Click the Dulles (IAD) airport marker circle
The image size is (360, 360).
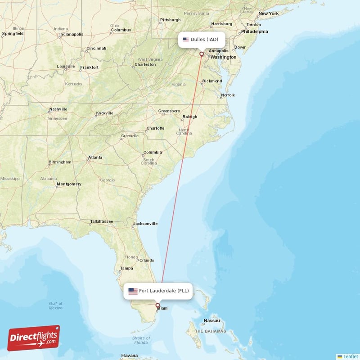pyautogui.click(x=202, y=54)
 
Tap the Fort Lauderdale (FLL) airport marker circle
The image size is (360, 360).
pyautogui.click(x=157, y=305)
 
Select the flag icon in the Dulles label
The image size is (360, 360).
pyautogui.click(x=186, y=40)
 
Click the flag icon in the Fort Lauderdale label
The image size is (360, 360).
pyautogui.click(x=133, y=291)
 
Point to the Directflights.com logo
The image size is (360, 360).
pyautogui.click(x=34, y=338)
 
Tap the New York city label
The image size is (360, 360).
pyautogui.click(x=268, y=13)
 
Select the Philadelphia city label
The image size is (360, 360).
pyautogui.click(x=254, y=31)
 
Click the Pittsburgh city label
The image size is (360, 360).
pyautogui.click(x=170, y=20)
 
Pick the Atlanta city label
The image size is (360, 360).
pyautogui.click(x=95, y=157)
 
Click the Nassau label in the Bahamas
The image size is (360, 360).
pyautogui.click(x=211, y=321)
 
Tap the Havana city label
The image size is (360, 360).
pyautogui.click(x=129, y=355)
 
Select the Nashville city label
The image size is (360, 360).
pyautogui.click(x=58, y=109)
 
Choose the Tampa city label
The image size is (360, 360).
pyautogui.click(x=126, y=269)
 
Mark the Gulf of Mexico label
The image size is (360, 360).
pyautogui.click(x=56, y=306)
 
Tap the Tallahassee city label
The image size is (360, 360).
pyautogui.click(x=101, y=221)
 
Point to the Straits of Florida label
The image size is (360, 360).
pyautogui.click(x=141, y=340)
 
